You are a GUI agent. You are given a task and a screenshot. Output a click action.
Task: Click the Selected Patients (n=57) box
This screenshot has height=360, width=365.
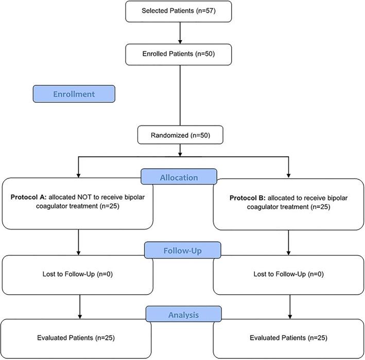point(179,11)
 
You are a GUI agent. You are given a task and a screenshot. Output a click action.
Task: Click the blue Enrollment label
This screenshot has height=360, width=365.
point(73,94)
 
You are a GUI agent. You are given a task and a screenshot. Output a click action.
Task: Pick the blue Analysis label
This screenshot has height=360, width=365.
point(183,314)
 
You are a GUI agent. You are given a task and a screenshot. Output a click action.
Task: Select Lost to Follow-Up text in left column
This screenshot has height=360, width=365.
point(77,274)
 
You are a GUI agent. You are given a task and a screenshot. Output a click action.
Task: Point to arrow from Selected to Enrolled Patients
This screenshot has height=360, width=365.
point(179,31)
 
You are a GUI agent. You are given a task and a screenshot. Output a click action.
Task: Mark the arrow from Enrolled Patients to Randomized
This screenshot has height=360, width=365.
point(179,93)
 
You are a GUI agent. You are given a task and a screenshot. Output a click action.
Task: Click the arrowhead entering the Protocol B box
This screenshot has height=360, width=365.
point(288,175)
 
